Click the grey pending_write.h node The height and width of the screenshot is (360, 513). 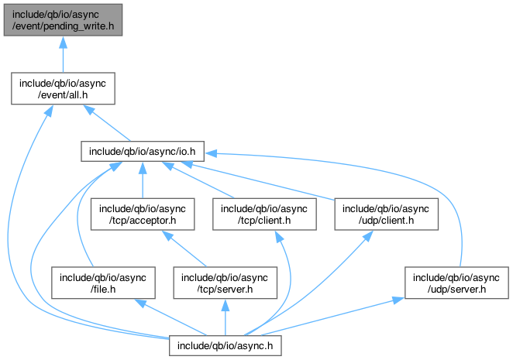tap(63, 20)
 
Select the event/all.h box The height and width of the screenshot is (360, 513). tap(63, 88)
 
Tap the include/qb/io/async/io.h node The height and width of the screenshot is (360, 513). tap(143, 152)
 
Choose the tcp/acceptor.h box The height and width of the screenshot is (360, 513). tap(143, 214)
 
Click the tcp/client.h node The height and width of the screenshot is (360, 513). tap(264, 214)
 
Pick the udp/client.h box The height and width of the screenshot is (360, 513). tap(386, 214)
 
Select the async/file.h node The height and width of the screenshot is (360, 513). tap(103, 283)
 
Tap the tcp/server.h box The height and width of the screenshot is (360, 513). tap(225, 283)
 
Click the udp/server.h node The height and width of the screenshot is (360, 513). tap(456, 283)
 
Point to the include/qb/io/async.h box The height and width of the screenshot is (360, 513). tap(225, 346)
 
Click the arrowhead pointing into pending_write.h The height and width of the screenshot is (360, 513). tap(63, 43)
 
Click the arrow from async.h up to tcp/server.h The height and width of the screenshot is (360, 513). tap(225, 317)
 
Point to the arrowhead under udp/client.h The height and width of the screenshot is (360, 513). tap(368, 236)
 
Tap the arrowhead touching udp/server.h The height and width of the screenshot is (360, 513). tap(398, 300)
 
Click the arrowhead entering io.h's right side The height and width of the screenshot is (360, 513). tap(211, 153)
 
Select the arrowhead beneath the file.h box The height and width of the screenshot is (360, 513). tap(140, 303)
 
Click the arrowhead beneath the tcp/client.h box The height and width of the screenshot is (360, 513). tap(279, 237)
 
